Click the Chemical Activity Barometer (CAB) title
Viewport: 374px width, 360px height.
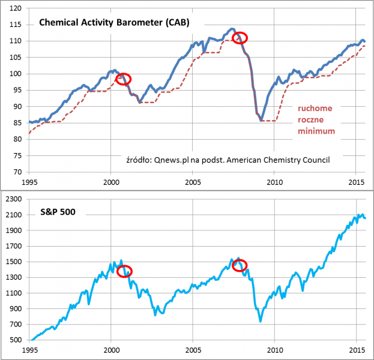click(113, 23)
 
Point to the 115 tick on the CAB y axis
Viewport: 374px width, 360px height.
click(17, 25)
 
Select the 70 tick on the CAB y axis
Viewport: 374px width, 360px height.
click(19, 172)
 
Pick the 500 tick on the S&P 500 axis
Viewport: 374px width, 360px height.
click(16, 340)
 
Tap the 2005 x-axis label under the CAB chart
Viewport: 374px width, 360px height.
click(193, 181)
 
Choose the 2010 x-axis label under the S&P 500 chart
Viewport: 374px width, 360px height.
click(275, 350)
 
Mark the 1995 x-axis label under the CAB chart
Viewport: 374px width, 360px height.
click(29, 181)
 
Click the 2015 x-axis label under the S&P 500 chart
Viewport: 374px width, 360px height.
click(357, 350)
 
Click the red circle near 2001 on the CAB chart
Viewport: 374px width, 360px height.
click(124, 79)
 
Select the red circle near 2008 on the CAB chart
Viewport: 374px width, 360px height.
click(240, 38)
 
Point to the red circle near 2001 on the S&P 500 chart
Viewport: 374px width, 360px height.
click(125, 271)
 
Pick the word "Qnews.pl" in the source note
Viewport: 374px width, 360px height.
click(171, 160)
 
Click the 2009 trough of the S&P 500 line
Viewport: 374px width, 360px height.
click(261, 322)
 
